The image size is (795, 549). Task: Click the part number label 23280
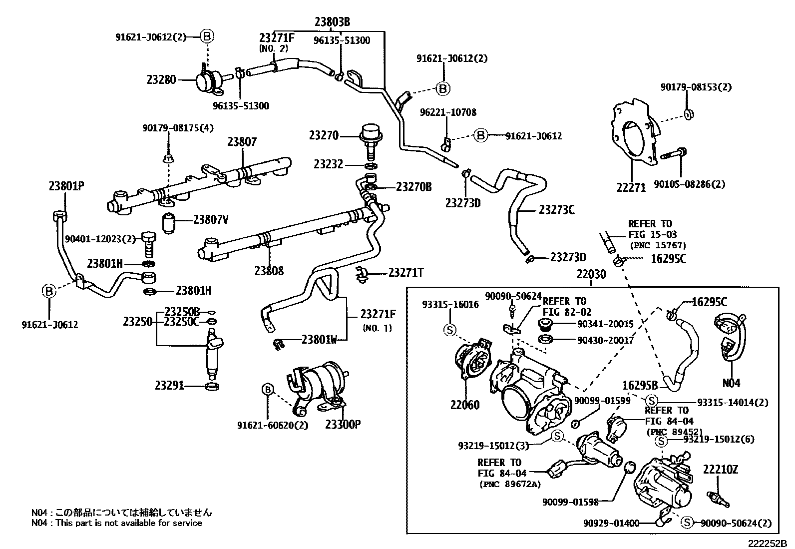click(x=161, y=79)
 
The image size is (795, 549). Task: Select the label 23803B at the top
click(x=332, y=21)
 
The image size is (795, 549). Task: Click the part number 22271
click(x=631, y=187)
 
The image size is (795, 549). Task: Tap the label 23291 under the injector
click(x=169, y=386)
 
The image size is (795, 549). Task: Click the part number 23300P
click(x=343, y=425)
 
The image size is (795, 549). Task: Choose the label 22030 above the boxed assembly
click(x=591, y=274)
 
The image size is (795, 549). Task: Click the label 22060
click(x=465, y=405)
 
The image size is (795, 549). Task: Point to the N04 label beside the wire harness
click(x=732, y=384)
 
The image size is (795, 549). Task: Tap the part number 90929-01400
click(x=611, y=524)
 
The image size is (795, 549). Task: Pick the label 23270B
click(x=413, y=187)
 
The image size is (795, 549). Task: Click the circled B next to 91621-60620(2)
click(x=268, y=390)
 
